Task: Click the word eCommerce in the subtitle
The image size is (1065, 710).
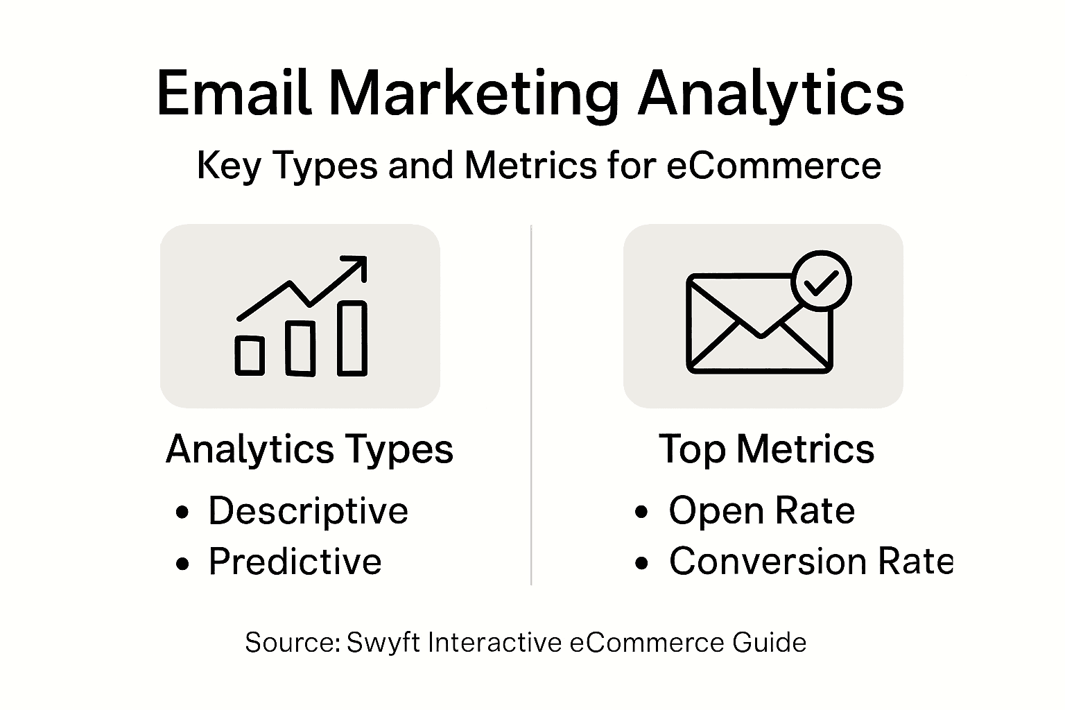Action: pyautogui.click(x=774, y=166)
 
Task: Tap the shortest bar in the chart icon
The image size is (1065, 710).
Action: pyautogui.click(x=250, y=356)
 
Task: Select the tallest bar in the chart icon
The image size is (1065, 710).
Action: pyautogui.click(x=352, y=338)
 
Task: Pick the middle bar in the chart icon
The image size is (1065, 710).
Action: pyautogui.click(x=300, y=348)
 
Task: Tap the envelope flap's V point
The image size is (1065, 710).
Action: pyautogui.click(x=761, y=335)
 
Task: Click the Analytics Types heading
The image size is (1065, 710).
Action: pyautogui.click(x=309, y=449)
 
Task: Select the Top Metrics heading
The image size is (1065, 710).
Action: pyautogui.click(x=766, y=449)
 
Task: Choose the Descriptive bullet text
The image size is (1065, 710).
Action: pyautogui.click(x=308, y=512)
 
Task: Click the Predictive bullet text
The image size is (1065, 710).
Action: pyautogui.click(x=295, y=562)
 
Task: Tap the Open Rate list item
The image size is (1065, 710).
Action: pyautogui.click(x=761, y=512)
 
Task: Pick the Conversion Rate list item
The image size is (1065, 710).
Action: pyautogui.click(x=811, y=562)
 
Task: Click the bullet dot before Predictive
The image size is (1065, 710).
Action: pyautogui.click(x=182, y=564)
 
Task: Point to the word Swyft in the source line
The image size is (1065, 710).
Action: pyautogui.click(x=383, y=643)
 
